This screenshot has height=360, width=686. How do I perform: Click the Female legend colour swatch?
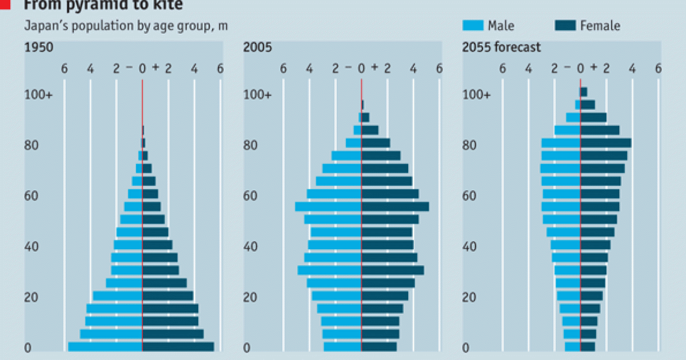[565, 25]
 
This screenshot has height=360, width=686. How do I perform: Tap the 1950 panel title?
[39, 47]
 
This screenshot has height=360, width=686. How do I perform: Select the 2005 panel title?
[257, 47]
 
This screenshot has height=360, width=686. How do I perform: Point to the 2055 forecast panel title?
[501, 47]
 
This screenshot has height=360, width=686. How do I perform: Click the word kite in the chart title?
[169, 5]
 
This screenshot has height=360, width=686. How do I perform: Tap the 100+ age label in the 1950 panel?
[38, 95]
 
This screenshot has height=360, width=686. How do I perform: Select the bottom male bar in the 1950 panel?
[105, 347]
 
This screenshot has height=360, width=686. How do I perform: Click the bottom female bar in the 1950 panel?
[178, 347]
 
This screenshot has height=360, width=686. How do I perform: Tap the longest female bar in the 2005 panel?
[395, 207]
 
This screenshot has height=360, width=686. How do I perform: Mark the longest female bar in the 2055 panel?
[605, 143]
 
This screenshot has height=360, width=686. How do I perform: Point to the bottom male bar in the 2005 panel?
[342, 347]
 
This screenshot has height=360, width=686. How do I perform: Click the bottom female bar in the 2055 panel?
[588, 347]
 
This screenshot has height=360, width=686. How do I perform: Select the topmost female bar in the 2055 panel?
[584, 92]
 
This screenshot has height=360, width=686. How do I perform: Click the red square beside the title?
[5, 5]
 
